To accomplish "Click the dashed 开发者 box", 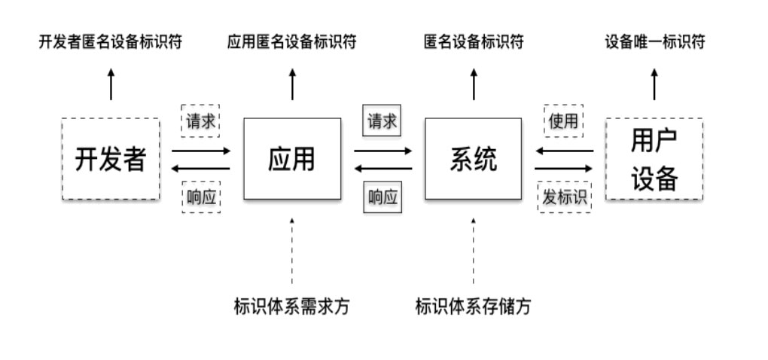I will (110, 159).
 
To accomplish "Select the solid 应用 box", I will (292, 159).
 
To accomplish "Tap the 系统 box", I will (473, 159).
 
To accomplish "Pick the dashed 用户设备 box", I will (654, 159).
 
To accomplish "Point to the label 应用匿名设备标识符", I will (292, 42).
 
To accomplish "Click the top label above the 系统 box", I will (474, 42).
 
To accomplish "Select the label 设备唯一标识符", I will (655, 42).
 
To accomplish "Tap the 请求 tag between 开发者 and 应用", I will (201, 121).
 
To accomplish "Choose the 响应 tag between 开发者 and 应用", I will (201, 197).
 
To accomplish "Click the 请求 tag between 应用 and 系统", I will (382, 121).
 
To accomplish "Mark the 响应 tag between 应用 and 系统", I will (382, 197).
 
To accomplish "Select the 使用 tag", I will (564, 121).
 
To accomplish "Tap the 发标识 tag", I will (564, 197).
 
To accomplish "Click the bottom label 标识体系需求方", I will (292, 307).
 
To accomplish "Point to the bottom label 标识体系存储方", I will (474, 307).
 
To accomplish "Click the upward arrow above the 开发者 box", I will (111, 84).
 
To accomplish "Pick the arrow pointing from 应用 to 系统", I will (383, 151).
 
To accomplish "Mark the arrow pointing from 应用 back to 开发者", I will (201, 168).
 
